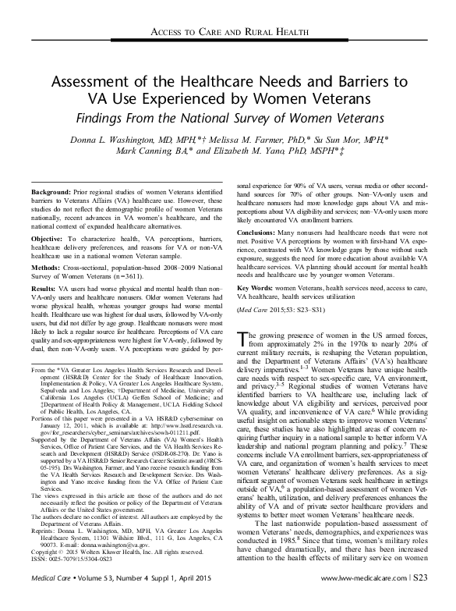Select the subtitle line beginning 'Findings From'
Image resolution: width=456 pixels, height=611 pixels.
click(x=228, y=119)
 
